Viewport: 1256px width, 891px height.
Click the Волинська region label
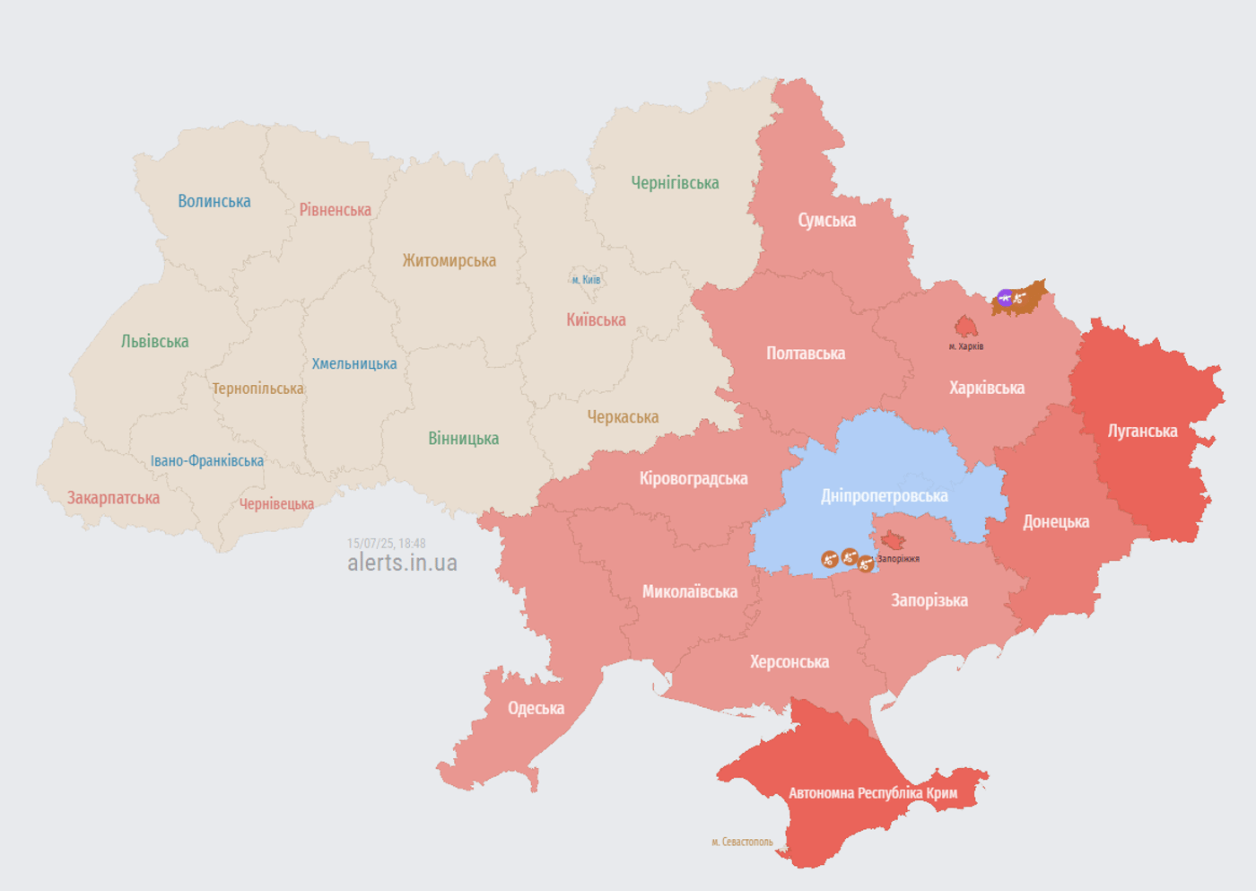214,201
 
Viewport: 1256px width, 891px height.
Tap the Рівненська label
335,210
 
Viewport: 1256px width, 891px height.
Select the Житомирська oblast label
449,261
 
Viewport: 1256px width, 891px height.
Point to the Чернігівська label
675,183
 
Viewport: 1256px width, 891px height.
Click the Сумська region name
826,221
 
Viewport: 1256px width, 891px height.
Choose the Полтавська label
805,354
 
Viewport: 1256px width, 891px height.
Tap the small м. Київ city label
586,280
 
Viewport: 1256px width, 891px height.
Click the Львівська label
154,342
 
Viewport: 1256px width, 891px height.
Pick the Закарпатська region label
113,498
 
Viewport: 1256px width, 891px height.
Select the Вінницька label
463,439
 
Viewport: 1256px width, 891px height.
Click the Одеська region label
536,709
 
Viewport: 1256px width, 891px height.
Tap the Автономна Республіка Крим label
872,793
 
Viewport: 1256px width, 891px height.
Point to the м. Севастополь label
741,842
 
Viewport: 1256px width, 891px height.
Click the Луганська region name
1142,432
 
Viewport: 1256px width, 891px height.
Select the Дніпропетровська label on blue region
884,496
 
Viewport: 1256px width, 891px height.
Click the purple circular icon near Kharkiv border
1006,298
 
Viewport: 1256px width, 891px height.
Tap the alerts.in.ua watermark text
402,563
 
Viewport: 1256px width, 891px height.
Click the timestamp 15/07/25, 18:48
386,544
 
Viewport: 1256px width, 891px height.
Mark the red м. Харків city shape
965,327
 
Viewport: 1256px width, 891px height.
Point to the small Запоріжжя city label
898,559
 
